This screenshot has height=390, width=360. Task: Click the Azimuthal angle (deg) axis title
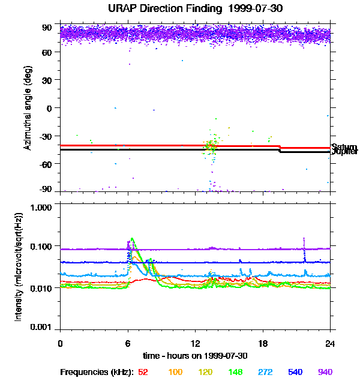pos(28,108)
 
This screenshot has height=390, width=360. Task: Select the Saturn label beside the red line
pos(344,146)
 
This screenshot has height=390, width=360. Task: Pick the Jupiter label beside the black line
pos(344,152)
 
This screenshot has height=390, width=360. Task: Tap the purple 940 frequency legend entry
pos(325,372)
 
